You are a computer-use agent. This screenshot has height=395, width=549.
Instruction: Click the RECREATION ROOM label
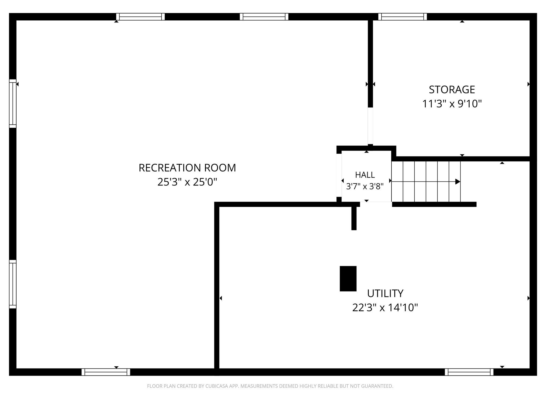click(x=187, y=168)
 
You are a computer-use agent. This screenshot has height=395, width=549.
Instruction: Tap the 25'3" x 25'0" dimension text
click(x=187, y=182)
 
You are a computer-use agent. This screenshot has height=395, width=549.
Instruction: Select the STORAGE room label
click(x=452, y=89)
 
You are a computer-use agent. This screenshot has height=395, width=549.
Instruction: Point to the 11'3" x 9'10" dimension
click(x=452, y=104)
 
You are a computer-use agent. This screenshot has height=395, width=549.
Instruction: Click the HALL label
click(x=365, y=175)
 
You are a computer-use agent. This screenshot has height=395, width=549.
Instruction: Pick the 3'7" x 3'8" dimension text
click(x=365, y=186)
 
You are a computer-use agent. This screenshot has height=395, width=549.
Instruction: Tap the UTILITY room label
click(x=385, y=294)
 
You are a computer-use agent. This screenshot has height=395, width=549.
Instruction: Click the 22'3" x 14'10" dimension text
click(x=385, y=308)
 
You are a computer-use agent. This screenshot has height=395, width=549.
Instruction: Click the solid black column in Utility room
click(x=348, y=279)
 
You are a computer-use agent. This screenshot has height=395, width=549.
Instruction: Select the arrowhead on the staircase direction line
click(x=458, y=182)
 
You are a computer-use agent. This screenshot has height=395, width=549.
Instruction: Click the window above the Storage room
click(x=402, y=17)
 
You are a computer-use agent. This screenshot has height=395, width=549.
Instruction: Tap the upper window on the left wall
click(x=13, y=104)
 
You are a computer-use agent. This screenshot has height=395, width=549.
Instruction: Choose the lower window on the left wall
click(x=13, y=284)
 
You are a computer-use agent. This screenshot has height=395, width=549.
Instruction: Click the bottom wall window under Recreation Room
click(x=106, y=372)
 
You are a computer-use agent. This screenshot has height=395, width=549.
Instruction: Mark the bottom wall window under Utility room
click(x=469, y=372)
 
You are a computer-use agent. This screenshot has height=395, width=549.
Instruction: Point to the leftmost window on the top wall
click(x=140, y=17)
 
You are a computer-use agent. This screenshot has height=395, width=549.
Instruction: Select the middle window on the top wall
click(x=264, y=17)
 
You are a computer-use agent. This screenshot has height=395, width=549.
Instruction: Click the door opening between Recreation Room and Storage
click(x=370, y=126)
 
